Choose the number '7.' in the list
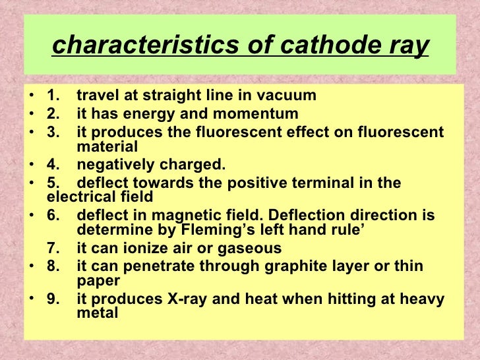click(x=54, y=249)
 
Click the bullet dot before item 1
click(x=33, y=96)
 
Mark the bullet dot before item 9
click(x=33, y=299)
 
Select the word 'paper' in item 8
click(x=98, y=280)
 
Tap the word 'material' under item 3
click(x=107, y=146)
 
